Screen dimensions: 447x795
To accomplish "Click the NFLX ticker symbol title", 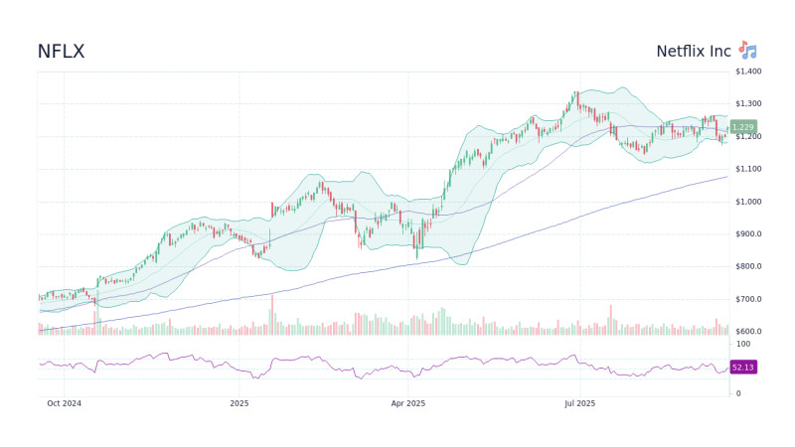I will point(61,51).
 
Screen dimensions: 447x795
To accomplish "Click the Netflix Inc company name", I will point(693,51).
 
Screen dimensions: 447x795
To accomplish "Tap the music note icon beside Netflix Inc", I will point(747,51).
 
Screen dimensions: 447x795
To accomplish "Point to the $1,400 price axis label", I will point(747,72).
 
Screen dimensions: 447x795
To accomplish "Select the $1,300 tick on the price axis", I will point(747,104).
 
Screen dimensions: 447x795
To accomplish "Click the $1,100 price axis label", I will point(747,169).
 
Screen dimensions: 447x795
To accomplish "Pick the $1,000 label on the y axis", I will point(747,202).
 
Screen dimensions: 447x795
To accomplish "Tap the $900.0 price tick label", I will point(747,234).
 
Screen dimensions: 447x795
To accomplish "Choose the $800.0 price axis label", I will point(747,266).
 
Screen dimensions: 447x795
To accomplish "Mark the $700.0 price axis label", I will point(747,299).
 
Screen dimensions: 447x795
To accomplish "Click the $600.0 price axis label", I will point(747,332).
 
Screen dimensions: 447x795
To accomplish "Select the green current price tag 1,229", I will point(742,127).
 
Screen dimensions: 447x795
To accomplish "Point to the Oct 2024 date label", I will point(65,403).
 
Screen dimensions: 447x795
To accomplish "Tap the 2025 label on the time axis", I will point(238,403).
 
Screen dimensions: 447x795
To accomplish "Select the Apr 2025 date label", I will point(407,403).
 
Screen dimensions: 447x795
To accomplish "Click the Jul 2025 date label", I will point(579,403).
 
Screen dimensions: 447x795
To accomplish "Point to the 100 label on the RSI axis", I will point(742,344).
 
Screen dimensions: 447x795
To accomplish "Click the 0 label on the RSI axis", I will point(736,393).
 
